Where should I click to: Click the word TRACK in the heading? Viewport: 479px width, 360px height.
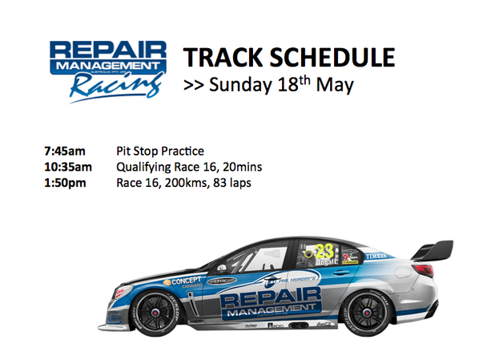point(218,58)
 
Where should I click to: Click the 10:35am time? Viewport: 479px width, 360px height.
point(69,167)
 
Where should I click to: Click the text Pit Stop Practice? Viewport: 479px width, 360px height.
point(159,151)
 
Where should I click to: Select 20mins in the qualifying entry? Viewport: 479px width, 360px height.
point(240,167)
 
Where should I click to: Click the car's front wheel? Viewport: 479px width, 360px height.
point(155,310)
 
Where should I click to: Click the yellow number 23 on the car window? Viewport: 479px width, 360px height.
point(324,249)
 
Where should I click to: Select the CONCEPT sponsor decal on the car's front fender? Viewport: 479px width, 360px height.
point(183,281)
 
